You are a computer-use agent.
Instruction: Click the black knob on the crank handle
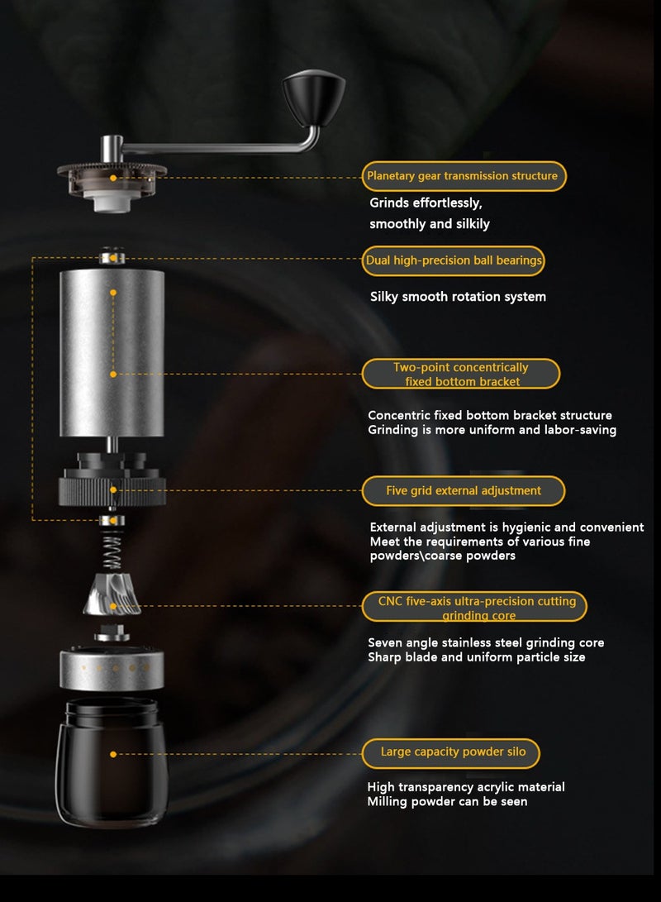pyautogui.click(x=314, y=98)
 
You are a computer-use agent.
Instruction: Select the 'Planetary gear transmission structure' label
pyautogui.click(x=463, y=176)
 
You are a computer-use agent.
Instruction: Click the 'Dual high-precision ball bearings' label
pyautogui.click(x=454, y=260)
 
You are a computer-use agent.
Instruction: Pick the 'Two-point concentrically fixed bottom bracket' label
pyautogui.click(x=461, y=375)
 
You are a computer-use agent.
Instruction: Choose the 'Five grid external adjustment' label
pyautogui.click(x=463, y=491)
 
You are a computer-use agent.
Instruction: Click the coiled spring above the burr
pyautogui.click(x=112, y=550)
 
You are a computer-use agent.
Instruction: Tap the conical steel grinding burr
pyautogui.click(x=112, y=594)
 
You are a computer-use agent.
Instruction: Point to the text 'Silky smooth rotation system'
pyautogui.click(x=458, y=297)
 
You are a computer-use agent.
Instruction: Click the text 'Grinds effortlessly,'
pyautogui.click(x=426, y=203)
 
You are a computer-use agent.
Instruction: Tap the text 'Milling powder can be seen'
pyautogui.click(x=447, y=801)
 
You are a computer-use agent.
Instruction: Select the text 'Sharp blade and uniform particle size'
pyautogui.click(x=476, y=657)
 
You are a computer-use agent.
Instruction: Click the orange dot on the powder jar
pyautogui.click(x=113, y=754)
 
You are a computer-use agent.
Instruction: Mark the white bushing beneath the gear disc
pyautogui.click(x=111, y=200)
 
